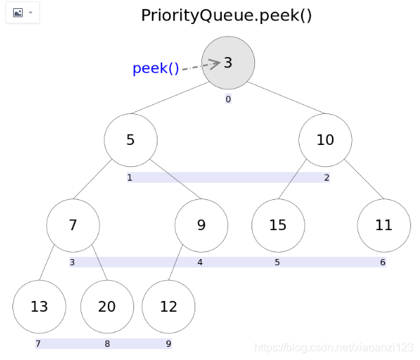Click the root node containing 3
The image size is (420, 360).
point(228,63)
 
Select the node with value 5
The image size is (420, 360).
point(131,140)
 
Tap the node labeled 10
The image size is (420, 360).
point(325,140)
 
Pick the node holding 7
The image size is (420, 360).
point(73,225)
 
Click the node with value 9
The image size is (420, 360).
point(201,225)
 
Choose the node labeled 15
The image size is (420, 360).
point(278,225)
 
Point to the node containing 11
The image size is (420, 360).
point(384,225)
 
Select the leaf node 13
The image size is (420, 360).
point(39,306)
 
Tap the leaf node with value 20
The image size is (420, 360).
point(107,306)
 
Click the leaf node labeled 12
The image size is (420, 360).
point(168,306)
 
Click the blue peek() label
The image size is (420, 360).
point(155,69)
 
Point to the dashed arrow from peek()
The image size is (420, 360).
point(201,65)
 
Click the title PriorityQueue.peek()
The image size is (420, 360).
point(227,15)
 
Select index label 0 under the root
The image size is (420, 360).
point(228,99)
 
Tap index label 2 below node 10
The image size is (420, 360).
point(327,178)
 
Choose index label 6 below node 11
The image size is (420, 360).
point(383,262)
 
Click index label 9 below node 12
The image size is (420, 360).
point(168,344)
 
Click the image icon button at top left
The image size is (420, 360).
point(22,13)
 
